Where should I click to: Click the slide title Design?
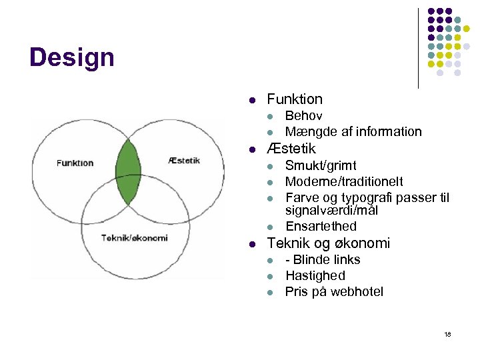72,57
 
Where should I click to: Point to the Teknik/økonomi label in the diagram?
134,238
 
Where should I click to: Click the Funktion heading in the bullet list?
294,99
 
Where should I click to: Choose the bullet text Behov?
303,116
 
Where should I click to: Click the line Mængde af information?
353,131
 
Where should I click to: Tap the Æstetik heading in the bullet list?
291,148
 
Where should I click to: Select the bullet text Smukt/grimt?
321,165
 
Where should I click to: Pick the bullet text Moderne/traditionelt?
344,181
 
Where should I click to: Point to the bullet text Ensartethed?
321,226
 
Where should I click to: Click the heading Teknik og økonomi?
328,243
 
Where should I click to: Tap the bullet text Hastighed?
315,275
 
